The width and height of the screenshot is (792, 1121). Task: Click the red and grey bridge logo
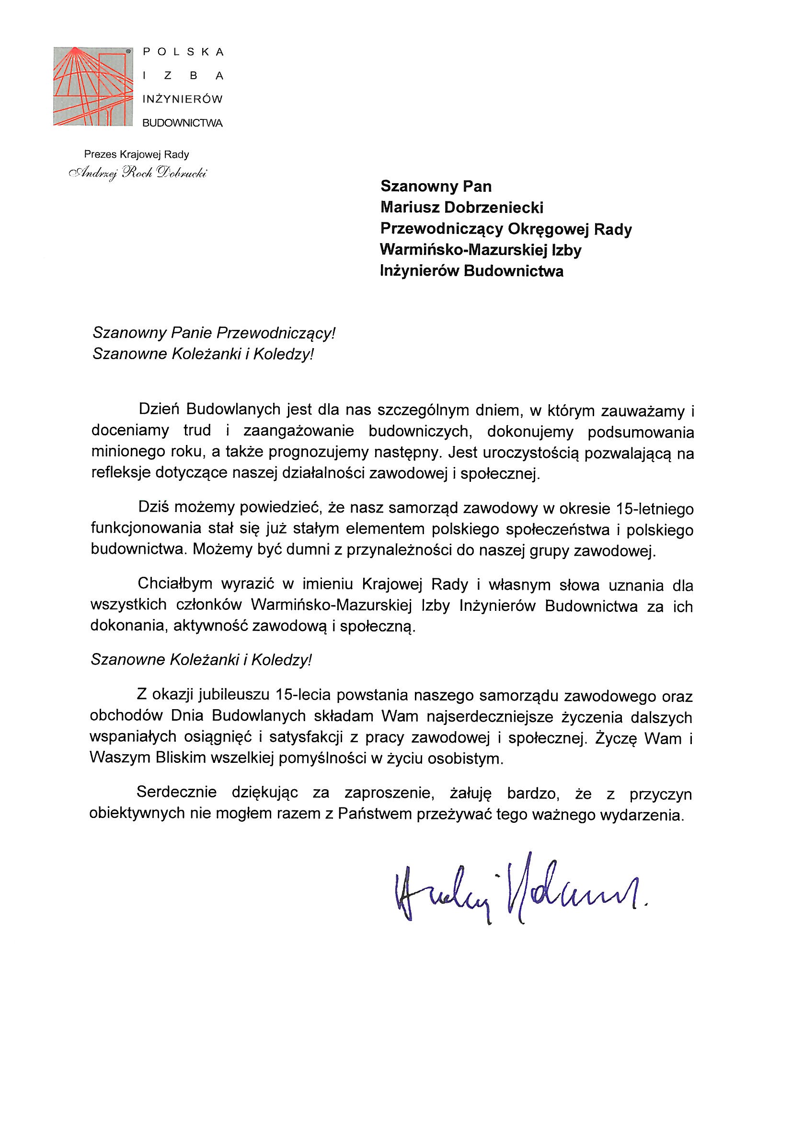93,86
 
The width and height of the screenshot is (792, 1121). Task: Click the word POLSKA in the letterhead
183,52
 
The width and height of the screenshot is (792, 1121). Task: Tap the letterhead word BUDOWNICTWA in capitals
182,124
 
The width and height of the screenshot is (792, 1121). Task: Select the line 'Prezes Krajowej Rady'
137,155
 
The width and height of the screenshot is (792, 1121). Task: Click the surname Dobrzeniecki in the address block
494,208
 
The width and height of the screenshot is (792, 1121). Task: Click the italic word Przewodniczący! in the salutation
276,333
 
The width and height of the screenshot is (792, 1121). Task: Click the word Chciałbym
175,584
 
